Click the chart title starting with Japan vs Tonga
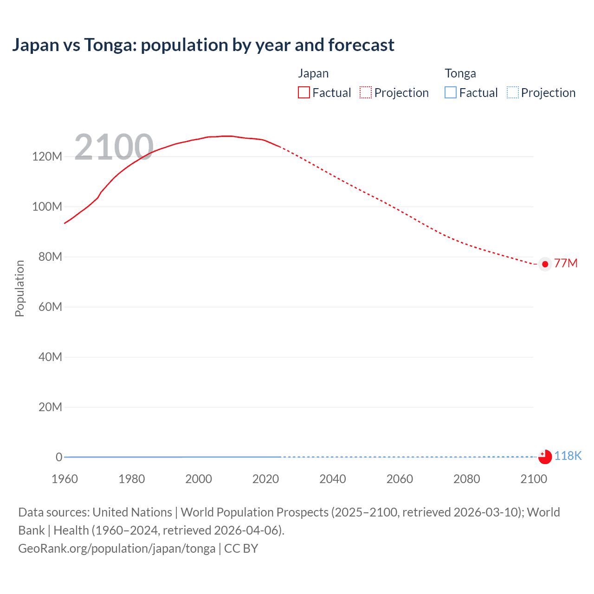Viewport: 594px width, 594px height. pos(203,45)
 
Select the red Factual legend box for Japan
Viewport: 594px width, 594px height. pos(303,93)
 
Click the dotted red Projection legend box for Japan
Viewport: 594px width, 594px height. pos(366,93)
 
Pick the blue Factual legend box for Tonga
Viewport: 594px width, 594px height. pos(451,93)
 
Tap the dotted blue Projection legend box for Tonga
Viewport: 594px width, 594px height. pos(512,93)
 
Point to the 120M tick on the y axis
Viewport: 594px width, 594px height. pos(47,156)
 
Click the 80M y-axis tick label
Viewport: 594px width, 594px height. pos(50,257)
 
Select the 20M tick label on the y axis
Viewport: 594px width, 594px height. pos(50,407)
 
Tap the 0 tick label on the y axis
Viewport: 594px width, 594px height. pos(58,457)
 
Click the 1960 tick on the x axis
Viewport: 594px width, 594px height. pos(65,479)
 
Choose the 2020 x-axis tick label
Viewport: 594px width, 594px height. pos(265,479)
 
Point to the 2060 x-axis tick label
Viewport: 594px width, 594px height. pos(400,479)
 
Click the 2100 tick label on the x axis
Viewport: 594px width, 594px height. pos(534,479)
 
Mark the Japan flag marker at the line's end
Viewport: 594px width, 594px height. pos(545,264)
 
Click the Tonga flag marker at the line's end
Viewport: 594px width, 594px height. pos(545,457)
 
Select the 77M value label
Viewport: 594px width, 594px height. pos(566,264)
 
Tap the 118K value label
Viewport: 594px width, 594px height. pos(568,456)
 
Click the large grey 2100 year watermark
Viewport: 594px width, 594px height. pos(114,147)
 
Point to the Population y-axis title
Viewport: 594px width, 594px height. pos(19,288)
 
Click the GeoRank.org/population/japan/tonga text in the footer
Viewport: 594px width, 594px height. pos(116,549)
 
